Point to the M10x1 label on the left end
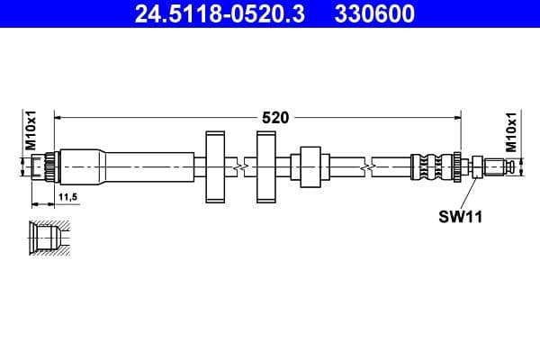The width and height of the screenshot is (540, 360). (29, 131)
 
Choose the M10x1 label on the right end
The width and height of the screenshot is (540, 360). (510, 131)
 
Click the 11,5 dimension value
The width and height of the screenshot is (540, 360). (67, 195)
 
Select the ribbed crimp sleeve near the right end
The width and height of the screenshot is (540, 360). (430, 166)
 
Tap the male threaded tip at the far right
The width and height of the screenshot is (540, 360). (499, 166)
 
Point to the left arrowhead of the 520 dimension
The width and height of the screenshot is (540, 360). (59, 117)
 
